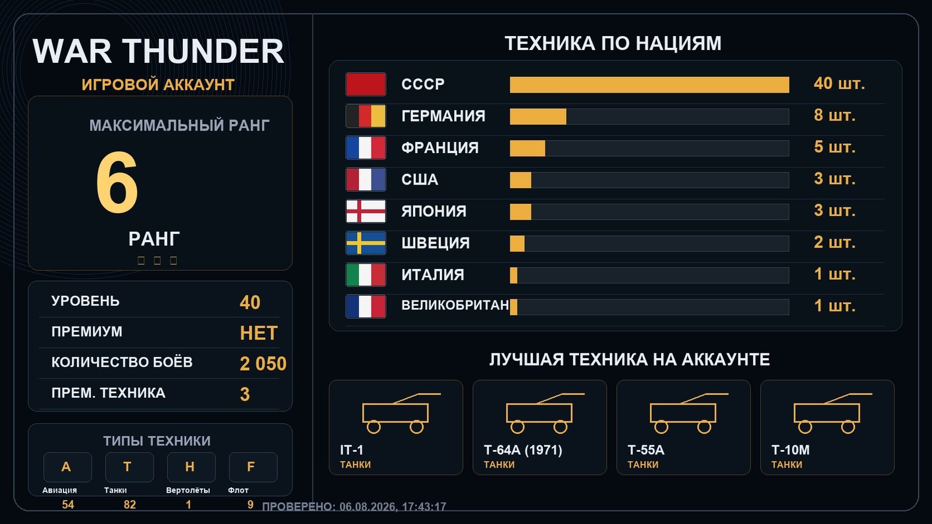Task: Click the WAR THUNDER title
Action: coord(158,51)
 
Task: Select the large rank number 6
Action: coord(117,182)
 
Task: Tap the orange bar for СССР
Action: coord(649,85)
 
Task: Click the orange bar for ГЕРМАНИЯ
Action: coord(538,116)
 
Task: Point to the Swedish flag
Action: coord(366,243)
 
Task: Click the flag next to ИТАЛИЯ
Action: coord(366,275)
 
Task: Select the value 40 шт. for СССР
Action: coord(839,84)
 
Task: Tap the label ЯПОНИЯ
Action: coord(433,211)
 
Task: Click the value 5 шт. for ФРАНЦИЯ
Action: coord(834,147)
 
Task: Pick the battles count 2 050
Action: coord(263,363)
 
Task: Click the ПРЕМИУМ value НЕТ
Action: coord(259,333)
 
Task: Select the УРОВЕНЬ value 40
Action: coord(250,302)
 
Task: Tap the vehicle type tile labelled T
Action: coord(129,467)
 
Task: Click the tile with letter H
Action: coord(191,467)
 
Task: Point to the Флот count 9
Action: coord(250,504)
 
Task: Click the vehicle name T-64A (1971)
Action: coord(523,450)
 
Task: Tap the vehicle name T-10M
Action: coord(790,450)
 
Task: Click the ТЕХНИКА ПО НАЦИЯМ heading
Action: coord(613,43)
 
